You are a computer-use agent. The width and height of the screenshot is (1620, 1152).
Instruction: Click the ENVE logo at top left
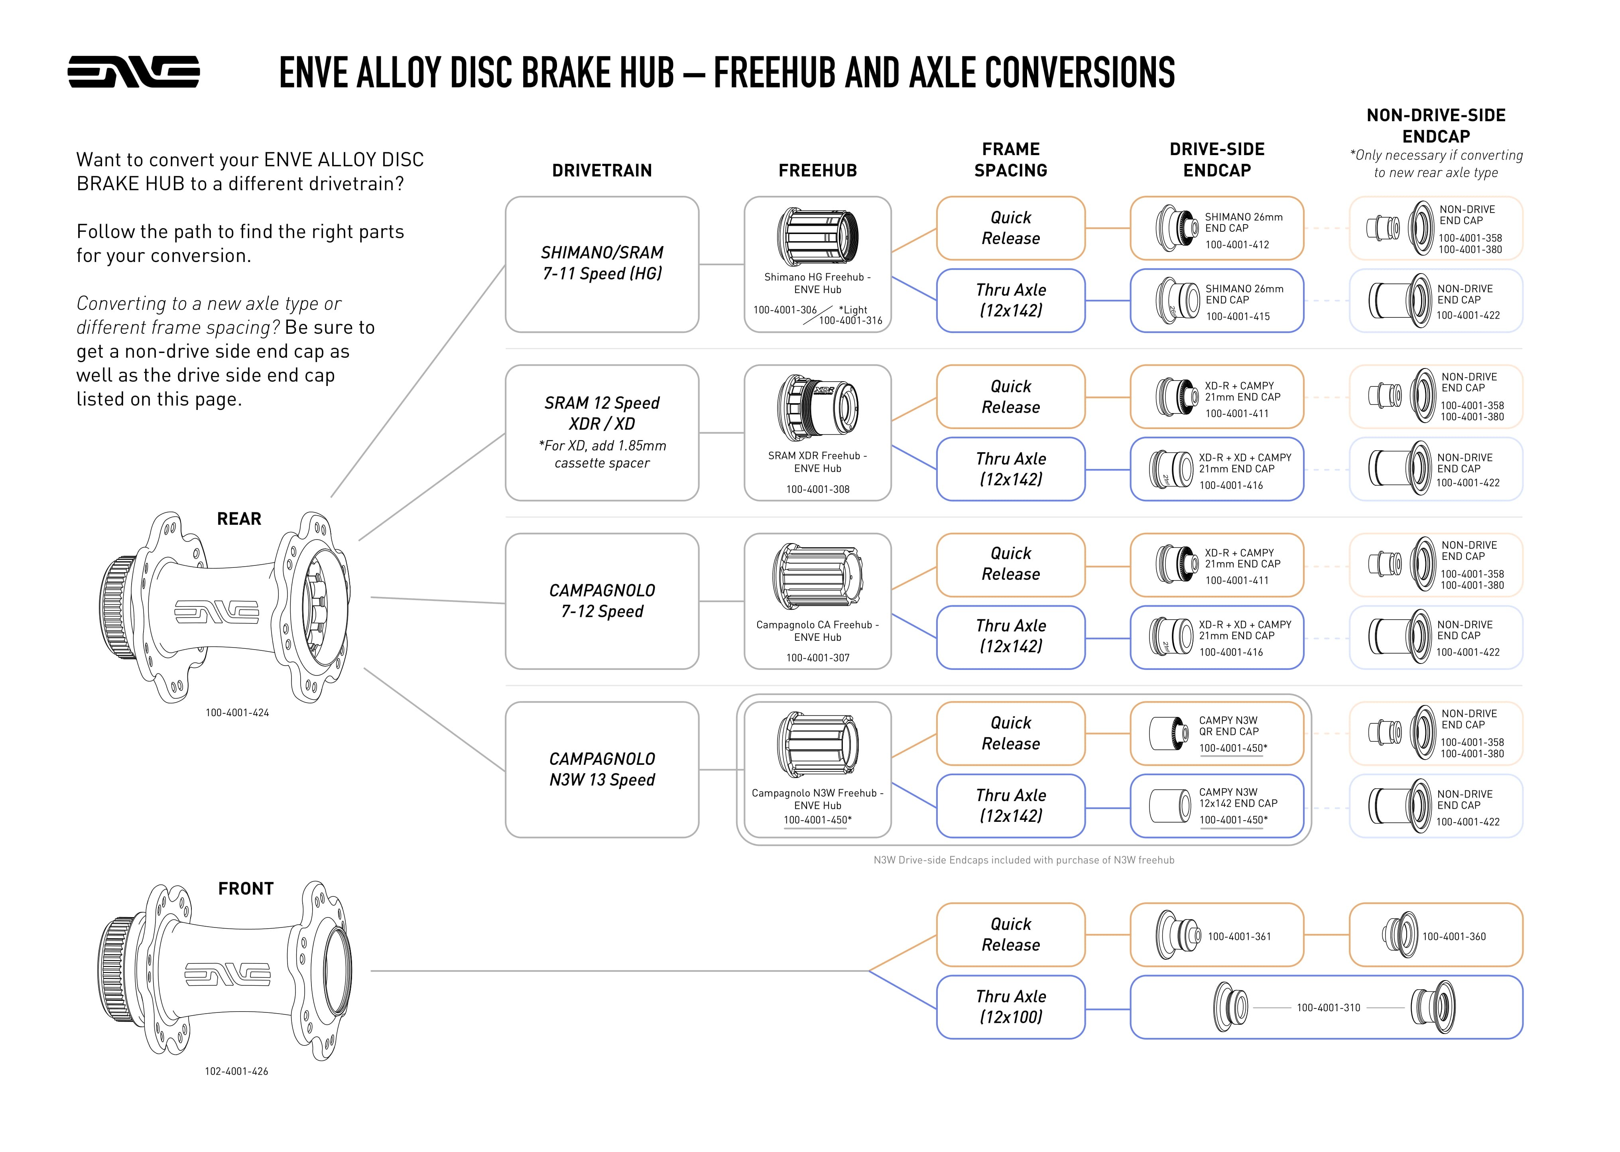[133, 72]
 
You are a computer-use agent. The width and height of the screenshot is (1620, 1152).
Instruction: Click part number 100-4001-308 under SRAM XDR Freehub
[817, 489]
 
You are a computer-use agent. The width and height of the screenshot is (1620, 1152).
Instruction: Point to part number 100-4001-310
[1328, 1007]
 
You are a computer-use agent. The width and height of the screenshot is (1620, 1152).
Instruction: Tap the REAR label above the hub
[239, 518]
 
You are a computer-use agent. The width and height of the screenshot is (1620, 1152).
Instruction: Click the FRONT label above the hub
[245, 888]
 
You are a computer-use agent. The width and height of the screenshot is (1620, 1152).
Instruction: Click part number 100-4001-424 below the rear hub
[237, 712]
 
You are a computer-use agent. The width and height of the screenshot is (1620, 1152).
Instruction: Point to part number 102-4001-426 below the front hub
[236, 1071]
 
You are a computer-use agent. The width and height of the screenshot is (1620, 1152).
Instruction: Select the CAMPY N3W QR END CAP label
[1228, 726]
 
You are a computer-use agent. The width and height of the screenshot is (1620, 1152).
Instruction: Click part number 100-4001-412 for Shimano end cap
[1237, 245]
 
